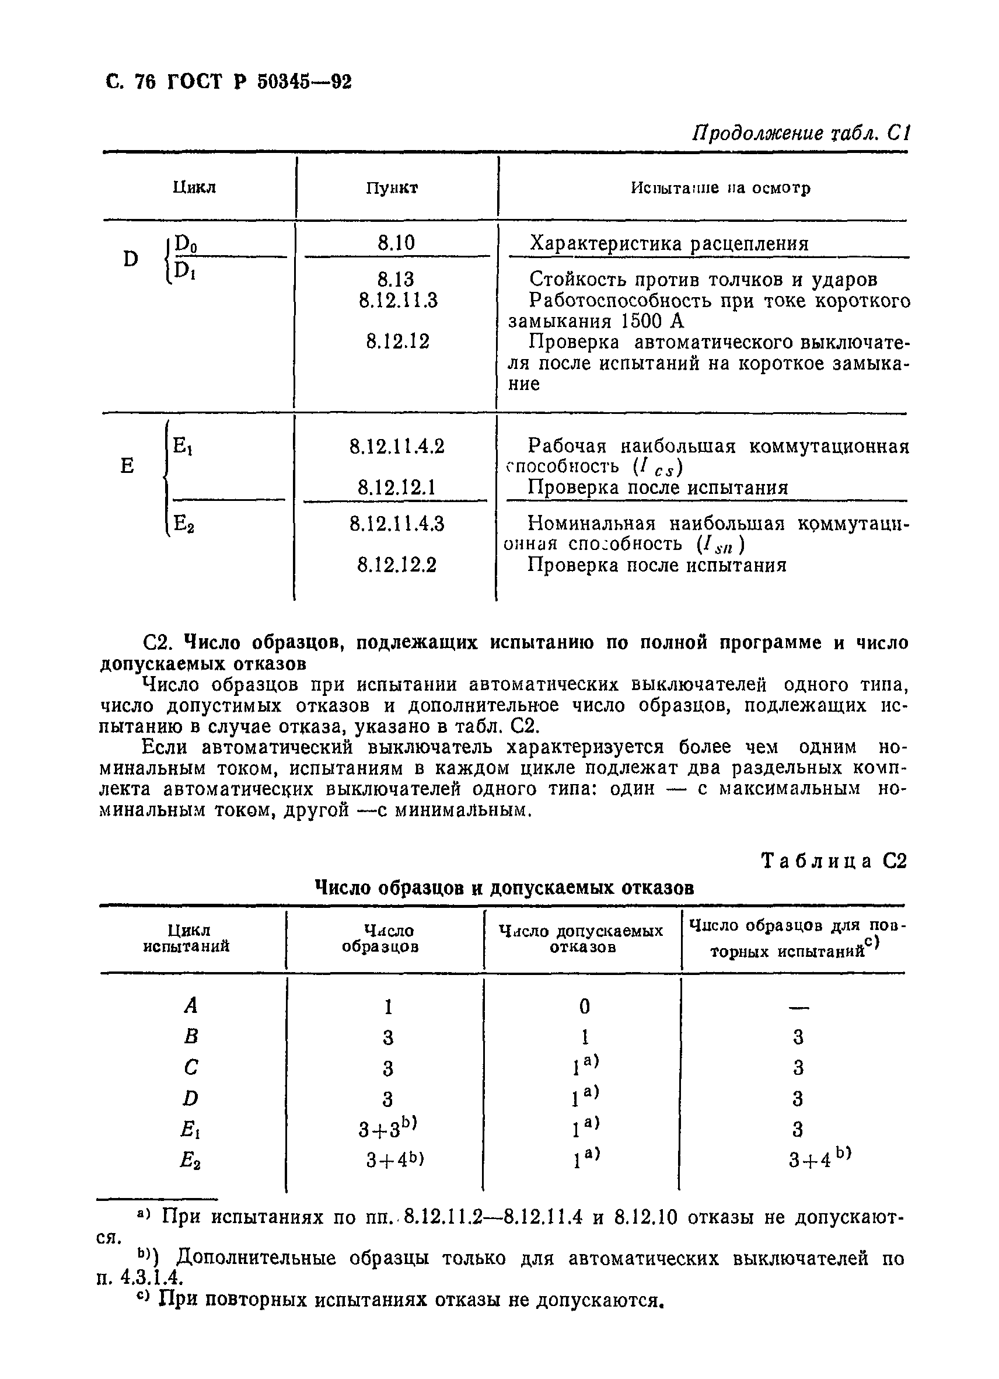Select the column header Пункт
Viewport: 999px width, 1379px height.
(x=392, y=188)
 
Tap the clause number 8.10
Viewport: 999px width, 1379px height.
(x=396, y=243)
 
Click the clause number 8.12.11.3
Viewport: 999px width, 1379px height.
(x=398, y=300)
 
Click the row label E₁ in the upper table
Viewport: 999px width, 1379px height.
(x=183, y=446)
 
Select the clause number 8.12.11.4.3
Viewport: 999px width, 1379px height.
(x=397, y=524)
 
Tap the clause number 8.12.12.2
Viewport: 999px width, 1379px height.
(x=397, y=566)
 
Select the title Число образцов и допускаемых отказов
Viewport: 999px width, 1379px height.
(x=504, y=889)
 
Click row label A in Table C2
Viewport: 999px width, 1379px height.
(x=191, y=1007)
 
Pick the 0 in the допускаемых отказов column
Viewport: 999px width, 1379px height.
(x=584, y=1007)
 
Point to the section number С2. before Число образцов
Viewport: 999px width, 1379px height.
(x=159, y=643)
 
